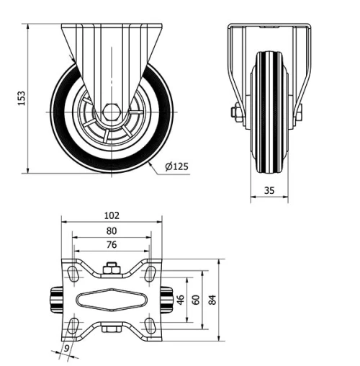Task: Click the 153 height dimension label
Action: (x=22, y=97)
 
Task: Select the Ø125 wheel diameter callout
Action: (x=176, y=167)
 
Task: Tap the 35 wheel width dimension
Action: (x=269, y=190)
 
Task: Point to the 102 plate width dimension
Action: (x=112, y=215)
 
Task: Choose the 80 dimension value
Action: (x=112, y=231)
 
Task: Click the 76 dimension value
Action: (x=112, y=245)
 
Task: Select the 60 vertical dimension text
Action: (x=194, y=298)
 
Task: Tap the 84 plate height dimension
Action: (x=212, y=298)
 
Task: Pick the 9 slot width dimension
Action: (x=68, y=349)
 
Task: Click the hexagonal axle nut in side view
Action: (x=111, y=112)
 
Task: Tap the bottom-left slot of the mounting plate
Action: (x=73, y=325)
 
